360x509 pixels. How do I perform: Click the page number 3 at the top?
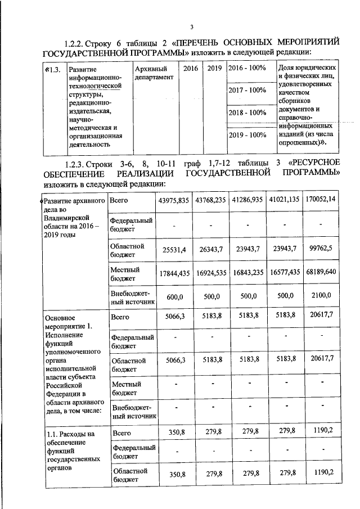pos(191,28)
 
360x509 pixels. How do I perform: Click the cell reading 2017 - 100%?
pos(246,90)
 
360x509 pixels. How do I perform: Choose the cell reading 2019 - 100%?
pos(246,135)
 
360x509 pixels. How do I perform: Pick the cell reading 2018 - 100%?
pos(246,112)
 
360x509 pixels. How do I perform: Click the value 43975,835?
pos(174,200)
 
